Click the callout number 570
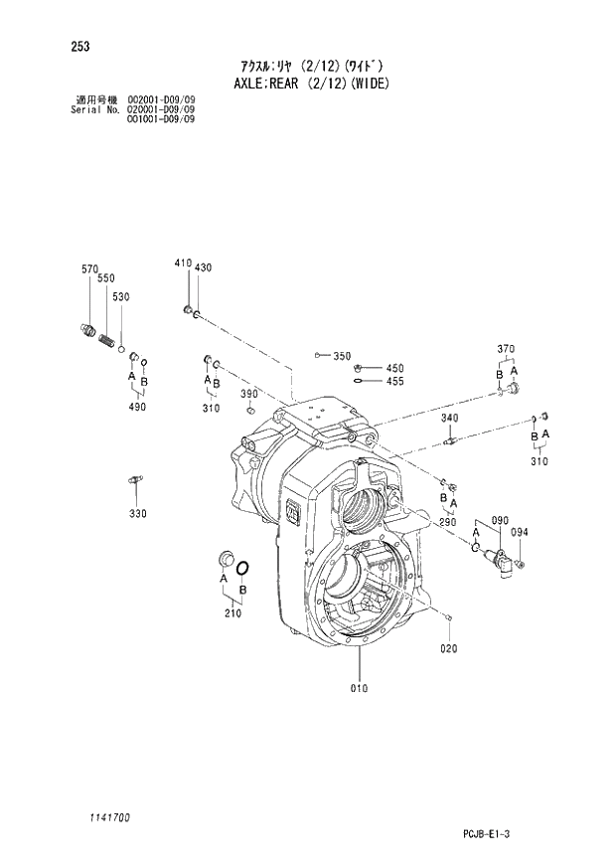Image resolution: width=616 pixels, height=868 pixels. click(89, 269)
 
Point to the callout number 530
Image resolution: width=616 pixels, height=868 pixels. click(121, 297)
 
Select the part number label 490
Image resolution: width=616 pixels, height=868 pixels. click(137, 407)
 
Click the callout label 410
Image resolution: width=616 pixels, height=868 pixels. click(182, 262)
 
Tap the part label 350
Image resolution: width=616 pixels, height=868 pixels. click(342, 356)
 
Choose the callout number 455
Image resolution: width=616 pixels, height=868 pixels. click(394, 381)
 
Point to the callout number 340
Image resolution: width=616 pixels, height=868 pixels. click(449, 418)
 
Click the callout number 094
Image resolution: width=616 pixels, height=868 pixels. click(520, 532)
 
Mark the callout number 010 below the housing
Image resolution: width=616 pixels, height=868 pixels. click(359, 688)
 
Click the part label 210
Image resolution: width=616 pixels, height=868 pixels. click(233, 613)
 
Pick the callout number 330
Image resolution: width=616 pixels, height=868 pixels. click(137, 513)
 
